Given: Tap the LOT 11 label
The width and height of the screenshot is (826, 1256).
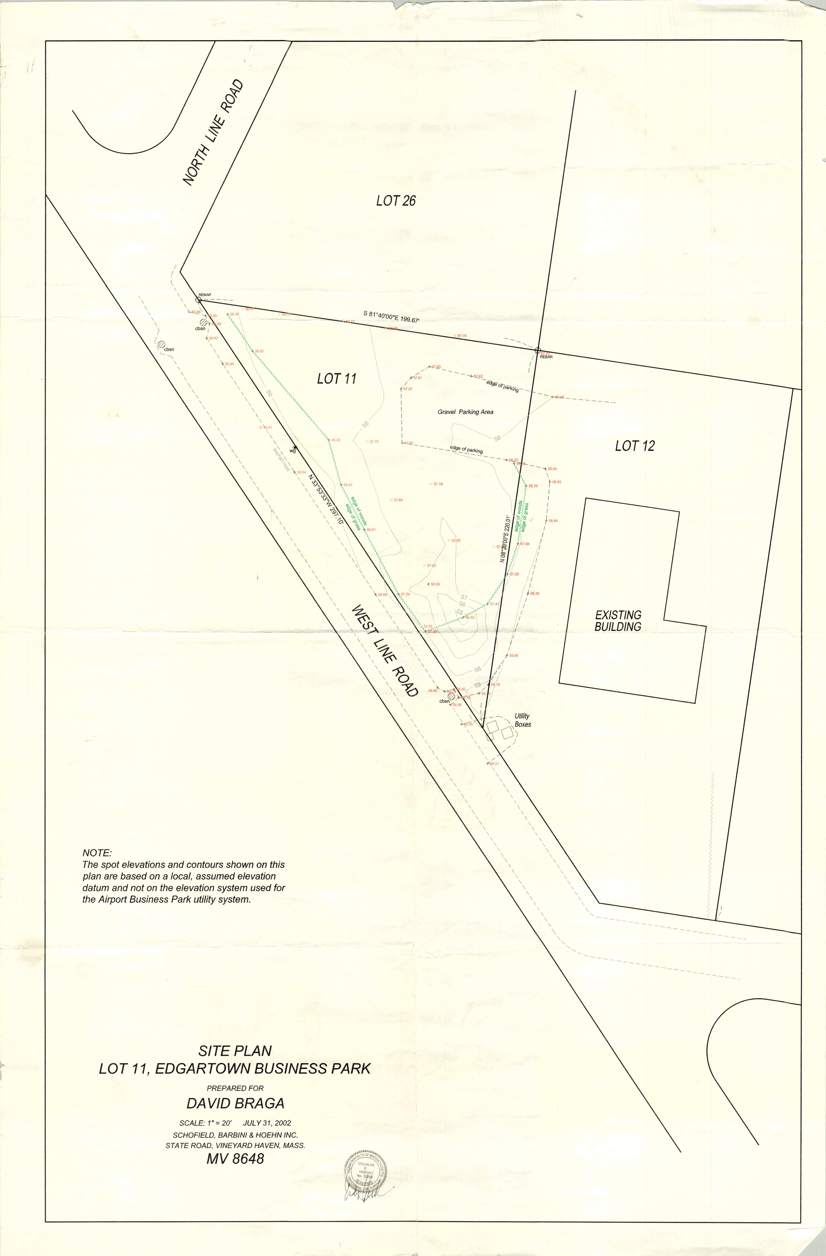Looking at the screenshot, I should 337,378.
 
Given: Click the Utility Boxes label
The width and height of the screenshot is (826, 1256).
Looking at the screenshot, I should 522,720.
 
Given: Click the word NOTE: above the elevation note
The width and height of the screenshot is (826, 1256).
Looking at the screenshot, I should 97,853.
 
